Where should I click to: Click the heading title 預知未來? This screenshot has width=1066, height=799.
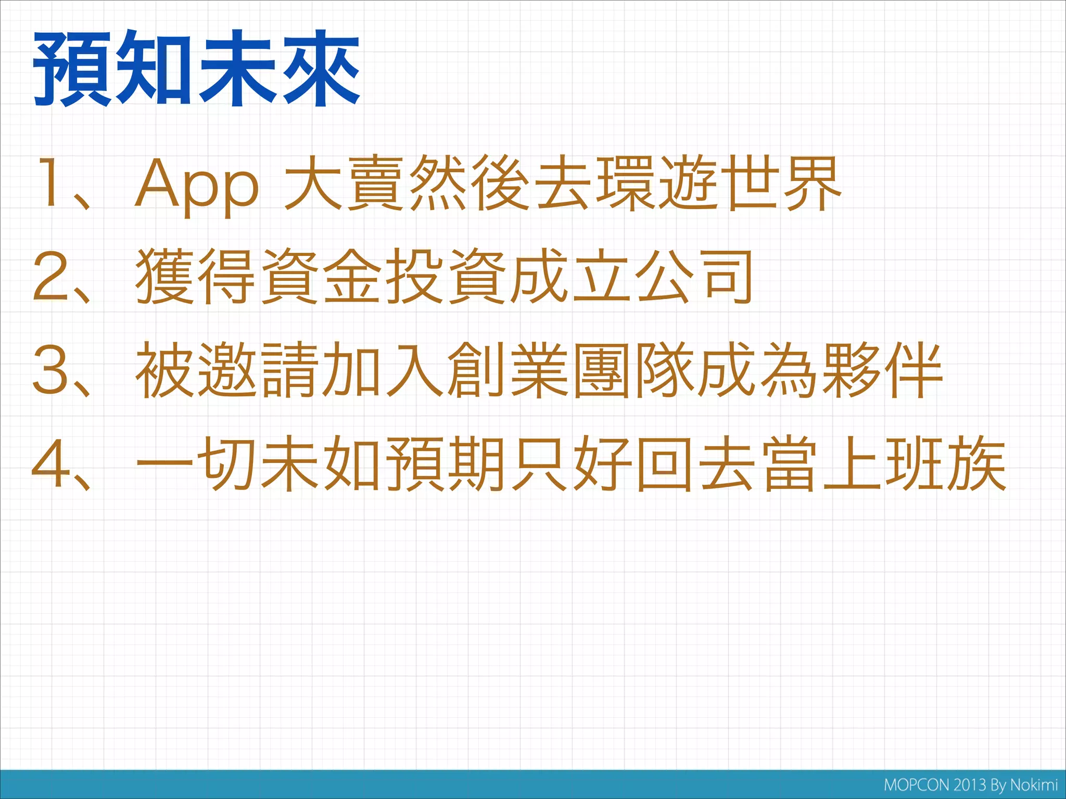point(197,68)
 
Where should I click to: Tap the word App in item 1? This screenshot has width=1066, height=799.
point(196,185)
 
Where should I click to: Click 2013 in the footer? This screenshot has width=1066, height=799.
point(970,785)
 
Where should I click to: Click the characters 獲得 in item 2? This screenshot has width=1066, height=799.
point(196,276)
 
